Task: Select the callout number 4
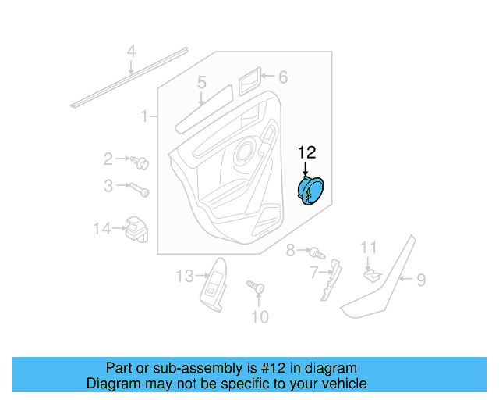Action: click(132, 52)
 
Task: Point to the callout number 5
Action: click(201, 82)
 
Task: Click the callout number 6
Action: click(283, 77)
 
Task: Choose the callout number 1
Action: click(144, 117)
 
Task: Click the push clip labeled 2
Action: click(142, 162)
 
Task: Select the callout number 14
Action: click(102, 229)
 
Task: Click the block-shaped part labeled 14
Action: click(136, 227)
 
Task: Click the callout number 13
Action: click(183, 276)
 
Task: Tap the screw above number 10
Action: click(255, 288)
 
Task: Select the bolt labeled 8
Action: click(316, 252)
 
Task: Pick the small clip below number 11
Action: click(372, 274)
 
